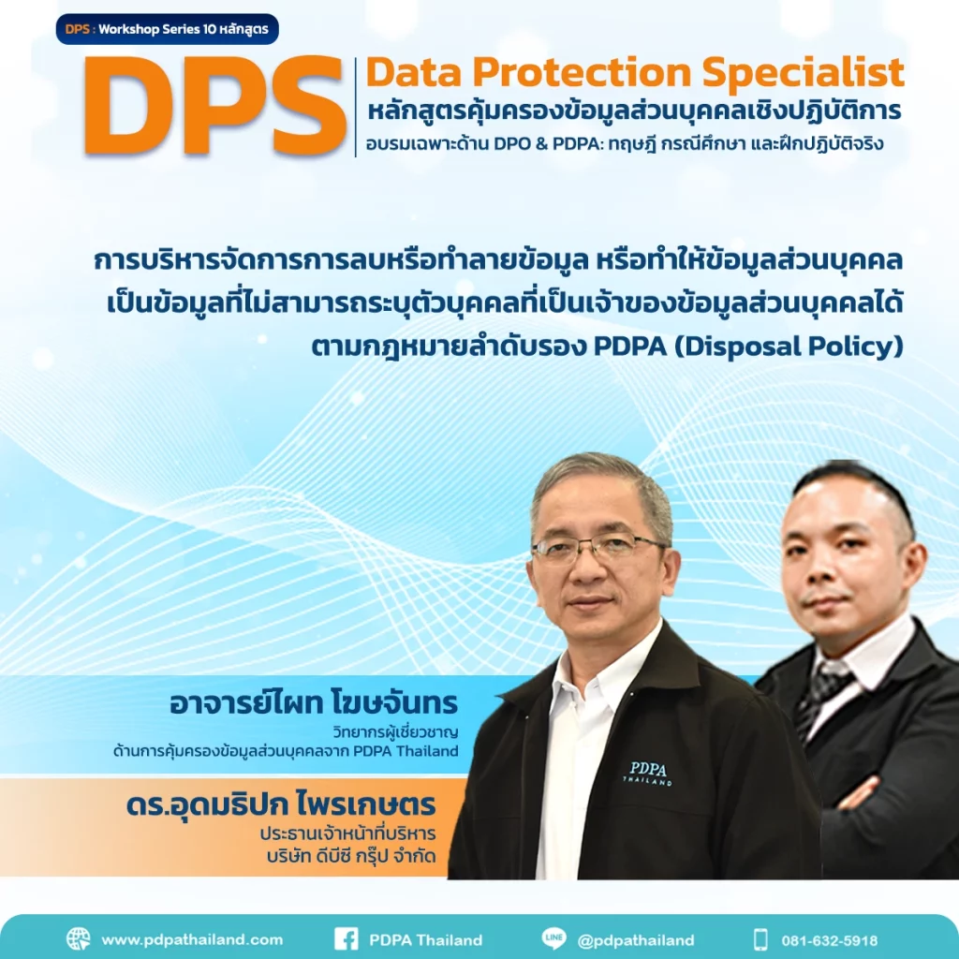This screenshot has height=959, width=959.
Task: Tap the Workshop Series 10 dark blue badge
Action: click(167, 29)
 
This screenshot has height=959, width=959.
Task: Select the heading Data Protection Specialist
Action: click(635, 73)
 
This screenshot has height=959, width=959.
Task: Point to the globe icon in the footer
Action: click(79, 938)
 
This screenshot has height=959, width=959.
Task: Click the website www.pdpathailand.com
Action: click(192, 939)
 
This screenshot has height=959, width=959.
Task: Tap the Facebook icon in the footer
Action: click(346, 938)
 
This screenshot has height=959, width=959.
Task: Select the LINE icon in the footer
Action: click(553, 938)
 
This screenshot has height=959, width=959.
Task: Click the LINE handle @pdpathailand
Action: click(636, 939)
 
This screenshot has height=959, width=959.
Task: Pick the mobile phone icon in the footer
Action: click(760, 938)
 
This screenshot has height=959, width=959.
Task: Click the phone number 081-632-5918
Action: click(832, 939)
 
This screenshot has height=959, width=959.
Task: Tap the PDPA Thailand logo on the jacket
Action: click(649, 773)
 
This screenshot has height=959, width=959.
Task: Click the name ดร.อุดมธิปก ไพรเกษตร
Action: click(281, 806)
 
